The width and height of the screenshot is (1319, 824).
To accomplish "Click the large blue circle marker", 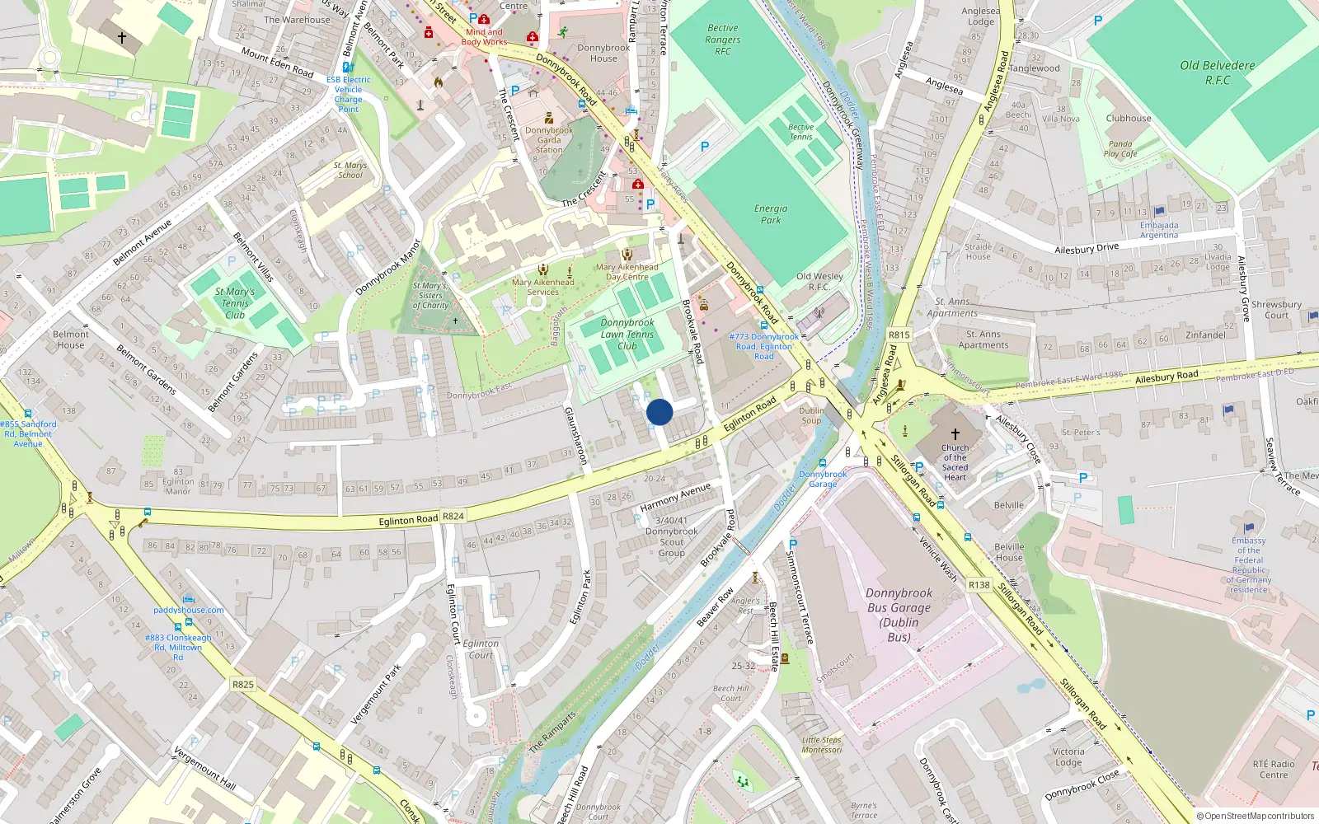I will [x=659, y=412].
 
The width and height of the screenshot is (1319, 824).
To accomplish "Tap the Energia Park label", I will [x=771, y=214].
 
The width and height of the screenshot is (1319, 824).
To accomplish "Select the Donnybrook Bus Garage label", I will [x=899, y=615].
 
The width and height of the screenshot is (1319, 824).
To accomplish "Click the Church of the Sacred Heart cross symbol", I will [x=955, y=433].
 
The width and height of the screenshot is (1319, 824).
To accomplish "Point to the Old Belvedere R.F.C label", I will [x=1217, y=73].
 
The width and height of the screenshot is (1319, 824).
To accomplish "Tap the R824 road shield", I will [x=453, y=516].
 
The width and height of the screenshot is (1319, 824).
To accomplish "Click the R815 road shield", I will [x=899, y=335].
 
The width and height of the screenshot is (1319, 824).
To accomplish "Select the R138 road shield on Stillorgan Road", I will [x=979, y=585].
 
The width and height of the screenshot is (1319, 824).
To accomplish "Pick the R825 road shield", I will [x=243, y=684].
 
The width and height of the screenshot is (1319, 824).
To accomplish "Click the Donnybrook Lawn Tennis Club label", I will [x=627, y=335].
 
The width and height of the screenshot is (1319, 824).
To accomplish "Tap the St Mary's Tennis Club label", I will [x=235, y=302].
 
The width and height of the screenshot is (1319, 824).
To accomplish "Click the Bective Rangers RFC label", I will [x=723, y=40].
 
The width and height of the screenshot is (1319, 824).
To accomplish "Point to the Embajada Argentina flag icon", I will [x=1160, y=212].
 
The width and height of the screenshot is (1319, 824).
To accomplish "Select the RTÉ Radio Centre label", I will [x=1273, y=769].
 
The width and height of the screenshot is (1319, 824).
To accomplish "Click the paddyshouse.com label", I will [x=189, y=610].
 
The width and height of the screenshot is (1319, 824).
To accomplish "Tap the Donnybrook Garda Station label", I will [x=549, y=140].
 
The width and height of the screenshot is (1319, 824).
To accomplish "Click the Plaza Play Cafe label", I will [x=1120, y=149].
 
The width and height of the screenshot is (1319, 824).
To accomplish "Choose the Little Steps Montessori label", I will [x=822, y=745].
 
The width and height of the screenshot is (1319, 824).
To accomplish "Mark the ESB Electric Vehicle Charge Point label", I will [x=348, y=94].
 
